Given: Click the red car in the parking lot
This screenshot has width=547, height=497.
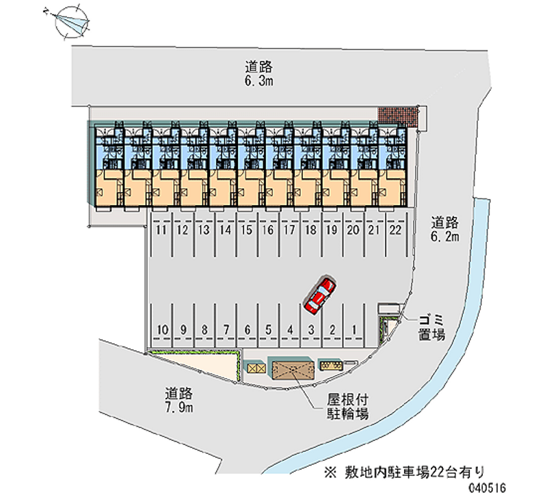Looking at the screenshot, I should pos(320,295).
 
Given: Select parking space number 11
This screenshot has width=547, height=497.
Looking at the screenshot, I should pos(161,231).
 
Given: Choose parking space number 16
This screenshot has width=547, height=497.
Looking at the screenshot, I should pos(268,231).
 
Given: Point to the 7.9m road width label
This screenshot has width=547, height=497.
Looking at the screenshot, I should pos(180,401).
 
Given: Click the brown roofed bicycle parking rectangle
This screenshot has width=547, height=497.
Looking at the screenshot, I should pos(292,369).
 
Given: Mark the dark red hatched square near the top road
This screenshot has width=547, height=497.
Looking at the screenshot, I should pos(398,116).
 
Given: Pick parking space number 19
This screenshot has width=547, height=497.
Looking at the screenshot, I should pos(332,231).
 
